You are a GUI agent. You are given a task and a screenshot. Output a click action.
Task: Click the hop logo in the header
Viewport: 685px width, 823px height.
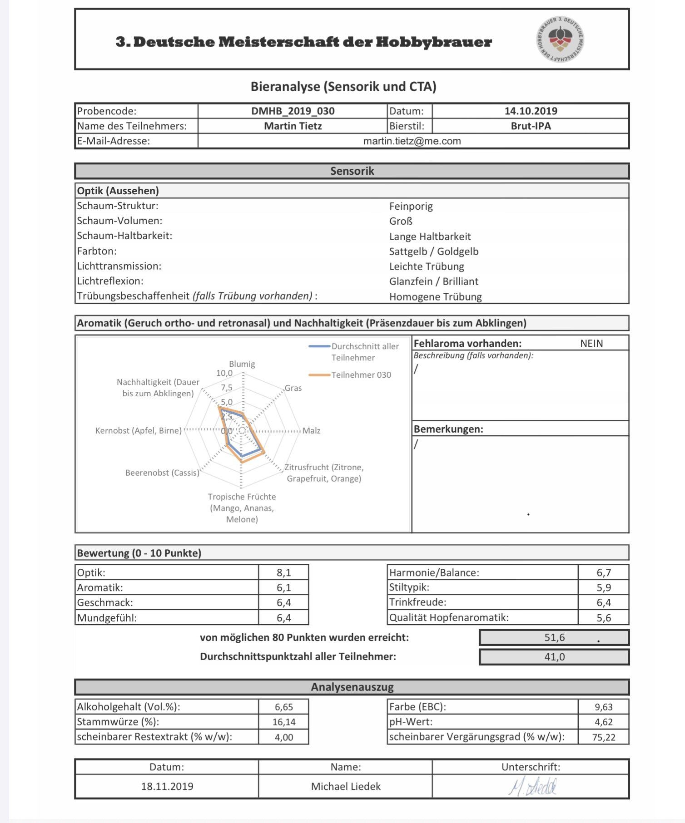[560, 39]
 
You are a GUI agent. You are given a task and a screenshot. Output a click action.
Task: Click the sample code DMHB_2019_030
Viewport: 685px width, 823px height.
[293, 111]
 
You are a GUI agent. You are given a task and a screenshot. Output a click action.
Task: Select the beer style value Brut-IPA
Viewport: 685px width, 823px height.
[531, 126]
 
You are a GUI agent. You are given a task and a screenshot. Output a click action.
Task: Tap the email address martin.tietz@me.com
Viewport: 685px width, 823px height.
[412, 141]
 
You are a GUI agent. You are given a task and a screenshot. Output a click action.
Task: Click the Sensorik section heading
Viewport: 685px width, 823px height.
[352, 171]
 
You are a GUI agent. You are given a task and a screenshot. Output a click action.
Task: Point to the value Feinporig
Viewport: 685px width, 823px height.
[411, 207]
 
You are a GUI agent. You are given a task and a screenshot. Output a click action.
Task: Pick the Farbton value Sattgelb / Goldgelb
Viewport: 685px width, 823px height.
[433, 251]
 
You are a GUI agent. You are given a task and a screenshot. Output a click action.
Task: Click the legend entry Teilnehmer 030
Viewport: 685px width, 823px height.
[361, 375]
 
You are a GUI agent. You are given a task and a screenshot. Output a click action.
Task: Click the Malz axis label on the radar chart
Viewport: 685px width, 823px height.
[311, 430]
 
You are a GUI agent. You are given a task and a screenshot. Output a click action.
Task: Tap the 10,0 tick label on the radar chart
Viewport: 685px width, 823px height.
[224, 373]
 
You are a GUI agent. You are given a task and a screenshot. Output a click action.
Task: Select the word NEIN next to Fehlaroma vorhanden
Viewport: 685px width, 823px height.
[591, 344]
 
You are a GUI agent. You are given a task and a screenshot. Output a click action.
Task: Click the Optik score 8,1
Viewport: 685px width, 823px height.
[284, 572]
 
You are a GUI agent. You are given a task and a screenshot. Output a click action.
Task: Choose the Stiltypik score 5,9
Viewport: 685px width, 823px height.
[604, 587]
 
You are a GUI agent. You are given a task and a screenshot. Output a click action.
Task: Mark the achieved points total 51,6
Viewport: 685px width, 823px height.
[554, 637]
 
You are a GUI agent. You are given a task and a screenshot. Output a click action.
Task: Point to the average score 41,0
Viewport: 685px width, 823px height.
[554, 657]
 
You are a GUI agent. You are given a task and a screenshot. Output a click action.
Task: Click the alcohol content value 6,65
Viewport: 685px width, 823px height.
[284, 707]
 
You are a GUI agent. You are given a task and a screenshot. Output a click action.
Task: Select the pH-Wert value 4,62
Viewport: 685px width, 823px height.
[604, 722]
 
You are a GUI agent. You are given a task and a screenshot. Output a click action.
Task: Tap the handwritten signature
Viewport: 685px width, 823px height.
[532, 787]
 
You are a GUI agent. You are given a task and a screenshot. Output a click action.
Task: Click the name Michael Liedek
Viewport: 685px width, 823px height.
[346, 787]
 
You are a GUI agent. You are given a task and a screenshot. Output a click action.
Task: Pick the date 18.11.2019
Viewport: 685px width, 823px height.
[167, 787]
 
